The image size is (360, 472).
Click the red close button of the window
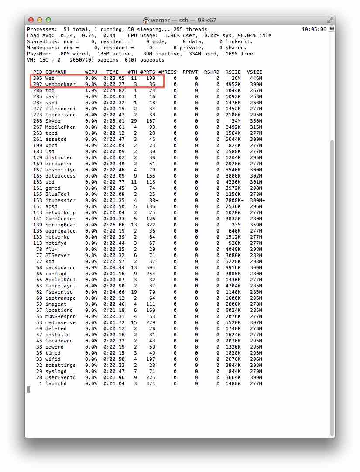(31, 20)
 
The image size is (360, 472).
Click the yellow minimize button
(40, 20)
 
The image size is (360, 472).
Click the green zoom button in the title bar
(48, 20)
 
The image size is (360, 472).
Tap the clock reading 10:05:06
(314, 30)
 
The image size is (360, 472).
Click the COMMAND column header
(56, 72)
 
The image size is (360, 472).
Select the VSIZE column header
(254, 72)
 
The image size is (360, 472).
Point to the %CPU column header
(91, 72)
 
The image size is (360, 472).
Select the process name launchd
(56, 384)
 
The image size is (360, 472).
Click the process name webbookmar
(61, 85)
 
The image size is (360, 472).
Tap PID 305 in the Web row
(38, 79)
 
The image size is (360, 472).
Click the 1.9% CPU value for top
(91, 91)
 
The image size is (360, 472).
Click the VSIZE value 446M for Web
(256, 79)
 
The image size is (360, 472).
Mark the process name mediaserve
(61, 323)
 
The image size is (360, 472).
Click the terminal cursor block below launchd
(29, 390)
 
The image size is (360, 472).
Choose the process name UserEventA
(61, 378)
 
